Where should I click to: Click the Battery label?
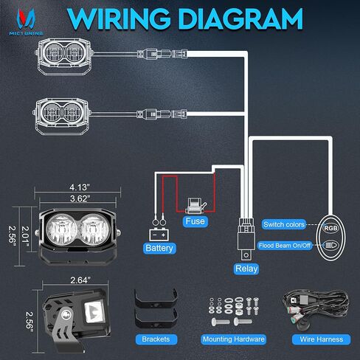pos(159,248)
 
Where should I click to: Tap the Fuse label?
pos(195,221)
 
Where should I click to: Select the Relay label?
pos(246,269)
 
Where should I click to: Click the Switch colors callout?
pos(284,224)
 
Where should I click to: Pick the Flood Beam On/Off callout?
pos(285,246)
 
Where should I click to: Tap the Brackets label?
pos(156,339)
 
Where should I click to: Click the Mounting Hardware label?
pos(234,339)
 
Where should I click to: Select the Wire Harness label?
pos(321,339)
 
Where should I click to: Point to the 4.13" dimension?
pos(78,187)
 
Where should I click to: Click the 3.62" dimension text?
pos(80,198)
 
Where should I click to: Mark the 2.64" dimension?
pos(80,280)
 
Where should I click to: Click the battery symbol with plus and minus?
pos(159,235)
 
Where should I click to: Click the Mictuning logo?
pos(26,22)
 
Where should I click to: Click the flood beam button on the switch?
pos(330,245)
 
